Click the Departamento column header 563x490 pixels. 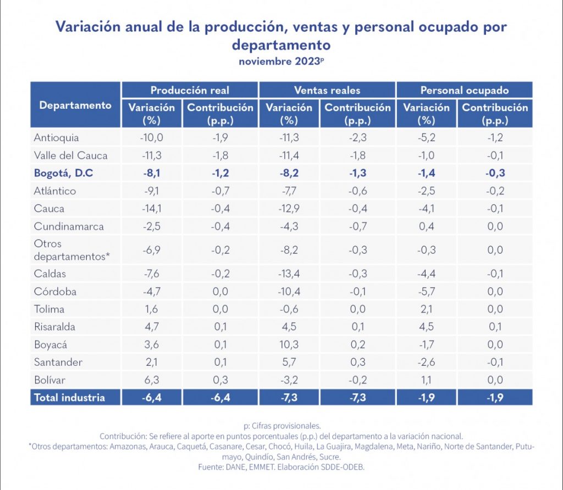(75, 105)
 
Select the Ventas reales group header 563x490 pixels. (327, 90)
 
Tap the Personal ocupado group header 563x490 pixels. (465, 90)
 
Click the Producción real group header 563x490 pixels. (190, 90)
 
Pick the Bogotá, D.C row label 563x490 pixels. (63, 174)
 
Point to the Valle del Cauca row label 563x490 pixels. (70, 155)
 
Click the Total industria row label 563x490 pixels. (69, 397)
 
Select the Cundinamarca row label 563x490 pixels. (68, 226)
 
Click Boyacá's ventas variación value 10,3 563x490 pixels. (289, 344)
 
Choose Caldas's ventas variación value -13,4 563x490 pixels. (289, 274)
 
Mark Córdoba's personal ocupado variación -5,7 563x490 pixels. (427, 291)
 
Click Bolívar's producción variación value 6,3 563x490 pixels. (152, 380)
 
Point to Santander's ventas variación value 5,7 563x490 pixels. (289, 362)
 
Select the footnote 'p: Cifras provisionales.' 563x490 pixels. (281, 425)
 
